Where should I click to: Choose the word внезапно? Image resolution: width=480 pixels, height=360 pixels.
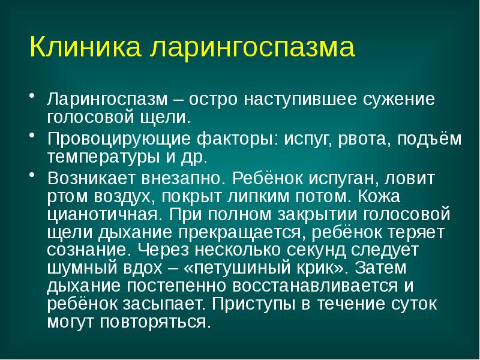pyautogui.click(x=185, y=179)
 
